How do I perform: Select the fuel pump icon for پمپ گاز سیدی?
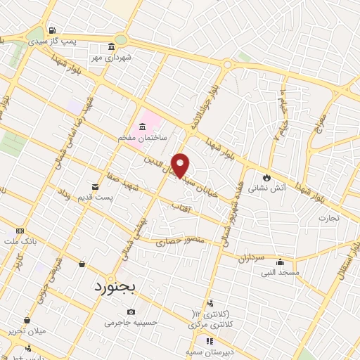[53, 31]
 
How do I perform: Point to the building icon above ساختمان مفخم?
[143, 127]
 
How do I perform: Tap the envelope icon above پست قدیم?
[96, 187]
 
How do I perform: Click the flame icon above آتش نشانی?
[266, 176]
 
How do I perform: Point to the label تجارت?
[328, 218]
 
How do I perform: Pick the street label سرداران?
[250, 259]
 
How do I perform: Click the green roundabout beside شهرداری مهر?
[121, 40]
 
